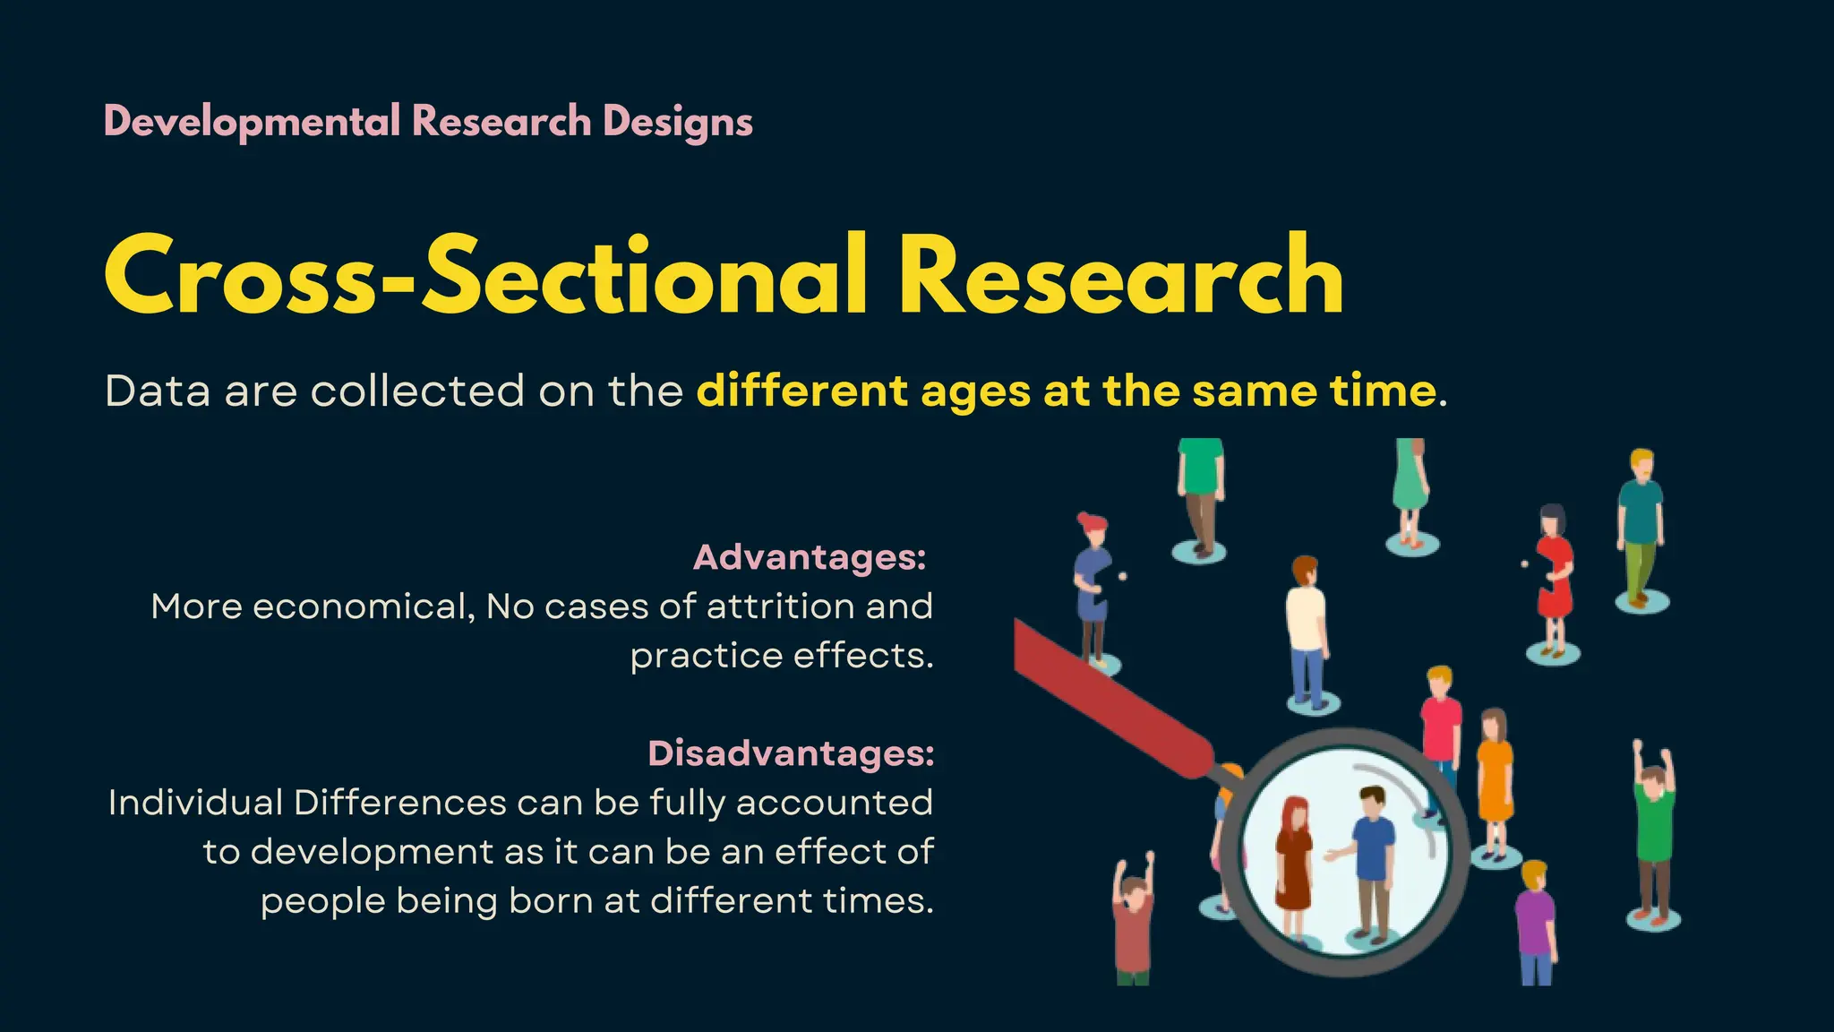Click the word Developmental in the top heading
click(x=252, y=122)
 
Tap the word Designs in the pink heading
click(x=677, y=122)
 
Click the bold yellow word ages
click(x=975, y=391)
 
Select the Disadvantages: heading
click(x=791, y=753)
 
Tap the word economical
click(x=363, y=606)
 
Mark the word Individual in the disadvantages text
click(x=195, y=803)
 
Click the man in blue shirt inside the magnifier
click(x=1371, y=860)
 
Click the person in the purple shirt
click(x=1535, y=923)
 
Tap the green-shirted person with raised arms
click(x=1653, y=824)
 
